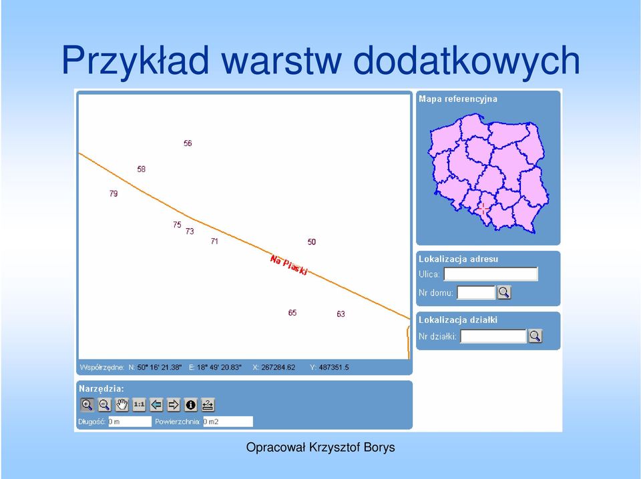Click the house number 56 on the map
pos(188,143)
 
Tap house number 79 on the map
pos(114,193)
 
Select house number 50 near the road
pos(312,242)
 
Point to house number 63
pos(341,314)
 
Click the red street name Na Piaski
pos(288,265)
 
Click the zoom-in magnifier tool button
pos(87,405)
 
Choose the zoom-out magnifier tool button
pos(104,405)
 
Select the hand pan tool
pos(122,405)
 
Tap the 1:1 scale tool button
pos(139,405)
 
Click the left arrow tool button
pos(156,405)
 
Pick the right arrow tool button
pos(174,405)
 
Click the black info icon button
pos(190,405)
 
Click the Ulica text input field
pos(491,274)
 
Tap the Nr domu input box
pos(476,292)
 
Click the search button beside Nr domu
pos(504,292)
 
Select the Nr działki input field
pos(493,336)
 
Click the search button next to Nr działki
pos(535,336)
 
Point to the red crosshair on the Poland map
pos(483,209)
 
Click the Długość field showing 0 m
pos(130,422)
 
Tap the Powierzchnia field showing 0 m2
pos(228,422)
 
